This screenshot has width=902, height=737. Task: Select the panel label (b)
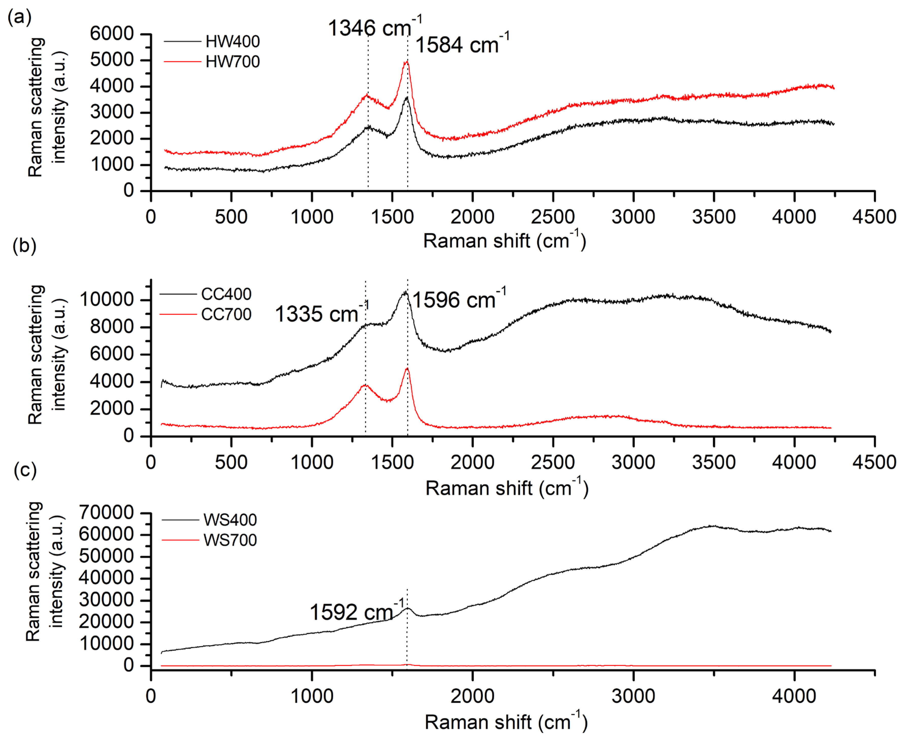click(x=24, y=245)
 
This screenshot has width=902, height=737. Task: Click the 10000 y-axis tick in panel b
click(x=107, y=300)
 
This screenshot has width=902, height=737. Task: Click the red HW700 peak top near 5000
click(x=407, y=62)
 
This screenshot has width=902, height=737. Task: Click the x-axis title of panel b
click(x=507, y=488)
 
